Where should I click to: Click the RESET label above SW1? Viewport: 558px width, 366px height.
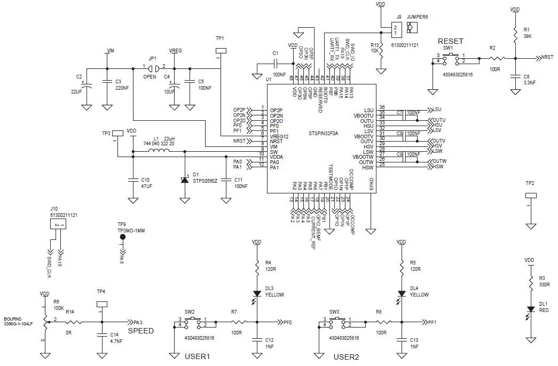tap(450, 41)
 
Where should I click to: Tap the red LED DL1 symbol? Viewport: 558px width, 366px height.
tap(530, 309)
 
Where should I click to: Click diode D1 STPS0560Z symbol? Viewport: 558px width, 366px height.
tap(185, 180)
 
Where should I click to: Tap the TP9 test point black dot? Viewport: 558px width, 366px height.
tap(122, 237)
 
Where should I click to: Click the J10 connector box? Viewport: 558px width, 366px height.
tap(59, 225)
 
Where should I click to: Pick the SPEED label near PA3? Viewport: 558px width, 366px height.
tap(140, 331)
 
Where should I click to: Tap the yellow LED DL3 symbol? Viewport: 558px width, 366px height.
tap(257, 294)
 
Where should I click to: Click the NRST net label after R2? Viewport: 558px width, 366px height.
tap(547, 57)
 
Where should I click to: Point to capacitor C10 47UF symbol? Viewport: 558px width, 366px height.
tap(132, 180)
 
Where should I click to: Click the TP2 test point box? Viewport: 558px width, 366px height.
tap(530, 196)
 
